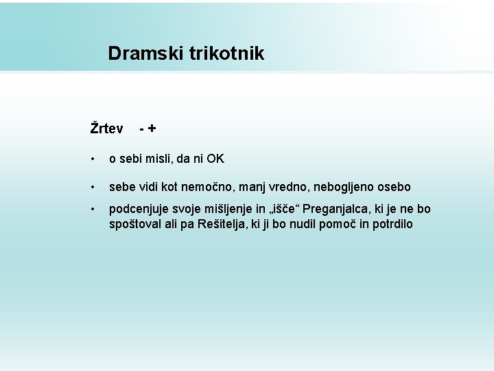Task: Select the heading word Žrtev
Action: click(106, 128)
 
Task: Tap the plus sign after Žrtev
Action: click(151, 128)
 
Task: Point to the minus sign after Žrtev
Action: click(141, 128)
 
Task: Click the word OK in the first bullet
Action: click(215, 159)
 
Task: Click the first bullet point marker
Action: click(93, 159)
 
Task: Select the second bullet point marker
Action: click(93, 187)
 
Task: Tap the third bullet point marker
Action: click(93, 209)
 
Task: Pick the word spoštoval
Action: click(136, 224)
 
